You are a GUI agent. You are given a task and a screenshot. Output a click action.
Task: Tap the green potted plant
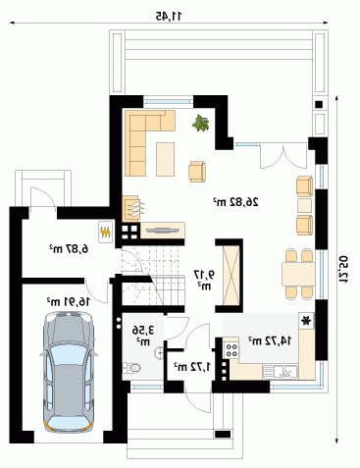[x=200, y=124]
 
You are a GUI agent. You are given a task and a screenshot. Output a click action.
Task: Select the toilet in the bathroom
[x=132, y=368]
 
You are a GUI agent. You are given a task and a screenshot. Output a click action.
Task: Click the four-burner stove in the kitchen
[x=231, y=349]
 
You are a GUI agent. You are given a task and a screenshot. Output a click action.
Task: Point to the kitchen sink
[x=281, y=372]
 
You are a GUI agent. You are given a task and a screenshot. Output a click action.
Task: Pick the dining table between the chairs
[x=298, y=274]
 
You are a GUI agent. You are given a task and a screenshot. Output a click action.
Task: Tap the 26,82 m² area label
[x=235, y=202]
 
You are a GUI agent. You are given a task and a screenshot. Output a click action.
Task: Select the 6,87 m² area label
[x=69, y=249]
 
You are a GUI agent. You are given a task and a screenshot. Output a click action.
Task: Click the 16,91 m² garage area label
[x=68, y=301]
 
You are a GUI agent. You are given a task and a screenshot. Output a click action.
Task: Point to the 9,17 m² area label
[x=205, y=280]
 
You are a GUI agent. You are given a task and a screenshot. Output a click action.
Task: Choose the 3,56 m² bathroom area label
[x=143, y=336]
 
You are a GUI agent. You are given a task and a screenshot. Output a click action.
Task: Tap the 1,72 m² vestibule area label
[x=192, y=367]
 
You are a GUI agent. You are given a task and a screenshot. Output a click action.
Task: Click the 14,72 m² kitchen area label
[x=270, y=340]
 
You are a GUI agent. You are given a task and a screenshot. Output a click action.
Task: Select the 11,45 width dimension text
[x=168, y=16]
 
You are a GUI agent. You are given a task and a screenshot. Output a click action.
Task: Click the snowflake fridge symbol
[x=306, y=321]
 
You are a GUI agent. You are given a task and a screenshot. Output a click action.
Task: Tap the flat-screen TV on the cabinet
[x=162, y=231]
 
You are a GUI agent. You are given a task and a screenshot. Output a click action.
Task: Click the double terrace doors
[x=283, y=157]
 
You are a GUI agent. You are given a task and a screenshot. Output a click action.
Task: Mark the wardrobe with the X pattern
[x=231, y=275]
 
